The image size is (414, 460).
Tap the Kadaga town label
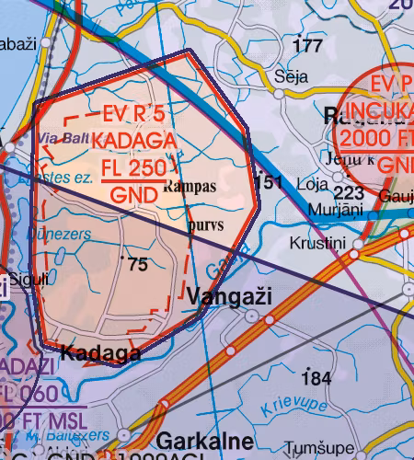[100, 352]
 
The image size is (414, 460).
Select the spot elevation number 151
[268, 182]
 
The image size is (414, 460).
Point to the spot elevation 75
[138, 265]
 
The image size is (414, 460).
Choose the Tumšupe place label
[312, 449]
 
